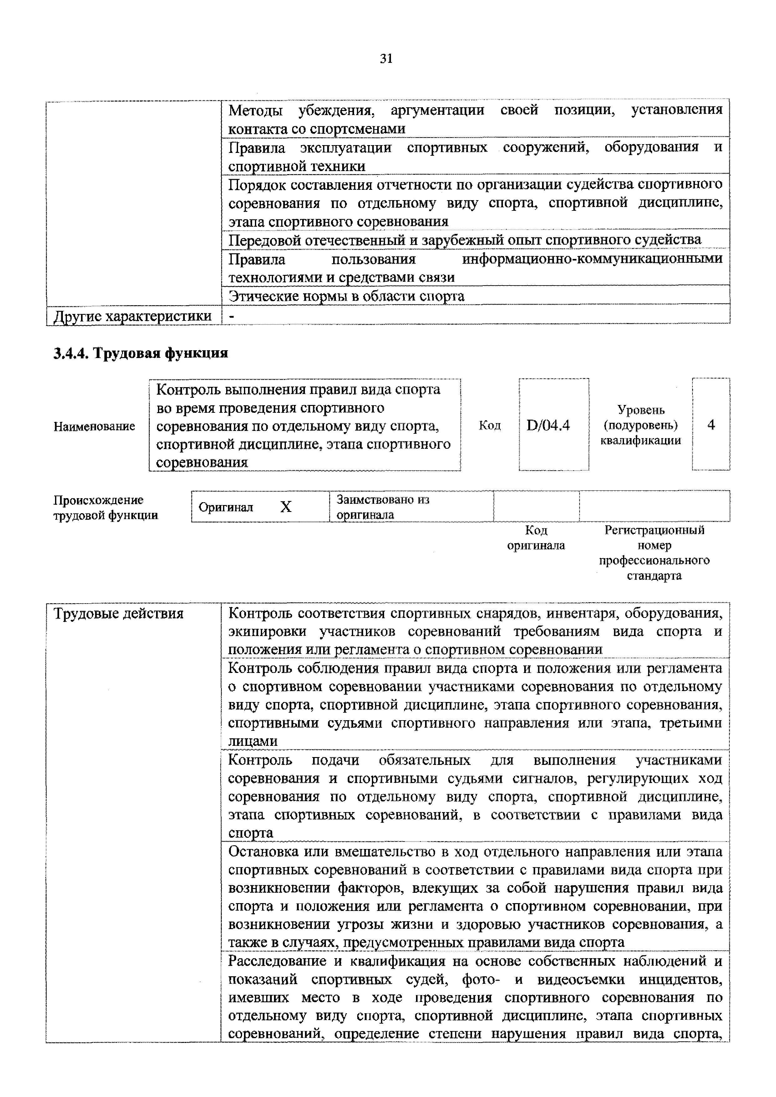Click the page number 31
point(386,59)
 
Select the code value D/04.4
point(548,425)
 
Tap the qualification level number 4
point(711,425)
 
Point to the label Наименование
point(94,426)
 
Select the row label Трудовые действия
point(119,614)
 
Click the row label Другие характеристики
point(133,316)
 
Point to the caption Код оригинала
point(536,538)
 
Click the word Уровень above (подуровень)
point(641,409)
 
